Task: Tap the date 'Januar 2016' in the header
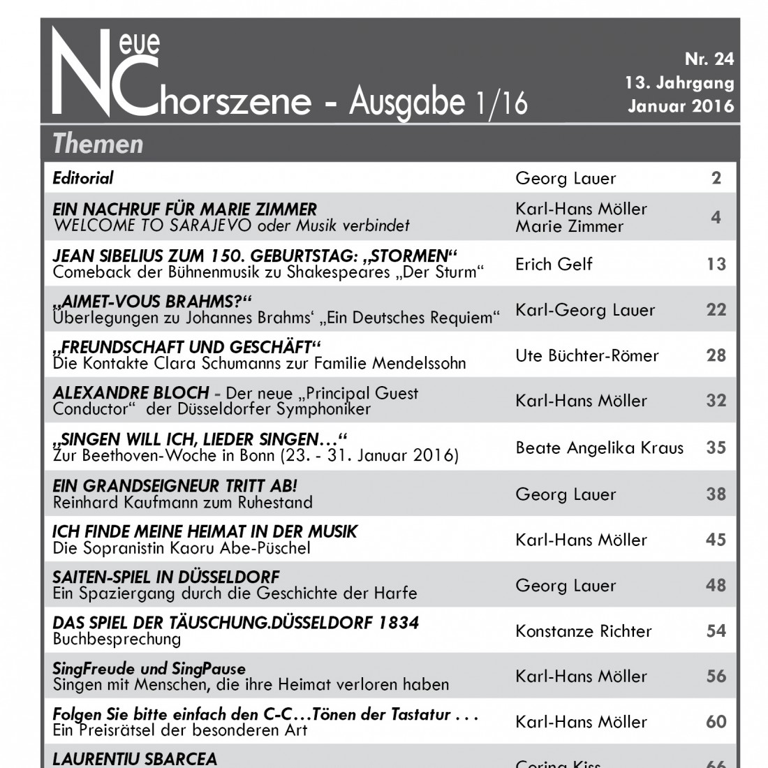[681, 107]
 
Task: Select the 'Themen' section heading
[98, 144]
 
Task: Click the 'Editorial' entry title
[83, 178]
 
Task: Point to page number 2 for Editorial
[716, 178]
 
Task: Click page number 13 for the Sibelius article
[716, 264]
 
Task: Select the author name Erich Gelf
[554, 264]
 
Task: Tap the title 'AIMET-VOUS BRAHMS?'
[152, 302]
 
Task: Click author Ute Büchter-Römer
[587, 355]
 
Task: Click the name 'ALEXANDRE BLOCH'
[131, 392]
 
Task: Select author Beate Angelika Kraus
[599, 448]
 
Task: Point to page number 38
[716, 494]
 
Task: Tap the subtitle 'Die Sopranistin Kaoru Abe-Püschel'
[182, 548]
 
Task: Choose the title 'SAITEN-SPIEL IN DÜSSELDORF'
[166, 577]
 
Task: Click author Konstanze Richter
[583, 631]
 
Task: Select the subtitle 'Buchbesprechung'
[117, 639]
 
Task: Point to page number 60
[716, 721]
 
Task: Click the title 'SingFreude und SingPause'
[149, 669]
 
